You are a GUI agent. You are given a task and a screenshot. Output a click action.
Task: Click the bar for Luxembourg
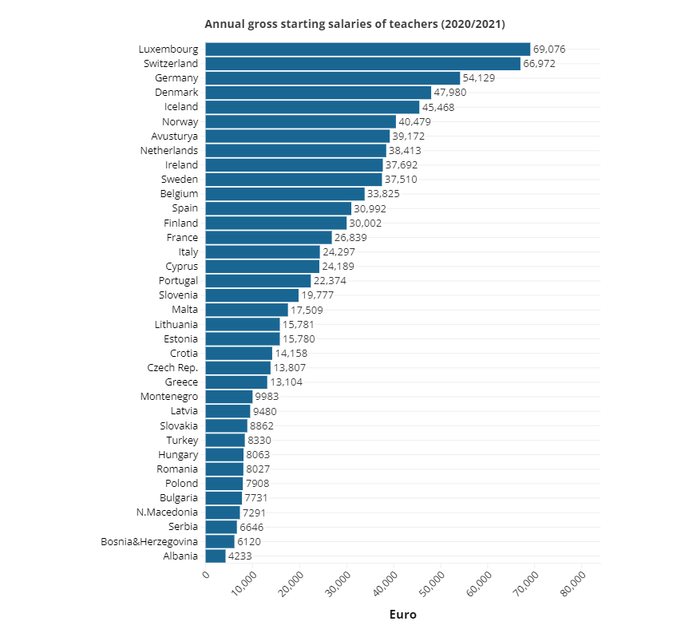[368, 49]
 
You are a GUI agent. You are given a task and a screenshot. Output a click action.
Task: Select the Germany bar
[333, 78]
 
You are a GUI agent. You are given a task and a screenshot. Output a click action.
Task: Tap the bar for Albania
[216, 556]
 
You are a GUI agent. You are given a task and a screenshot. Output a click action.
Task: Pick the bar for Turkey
[225, 441]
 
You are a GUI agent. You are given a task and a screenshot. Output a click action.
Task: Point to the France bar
[269, 238]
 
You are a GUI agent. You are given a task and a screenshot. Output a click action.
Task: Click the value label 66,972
[539, 64]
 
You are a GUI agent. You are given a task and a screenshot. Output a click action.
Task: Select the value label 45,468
[438, 107]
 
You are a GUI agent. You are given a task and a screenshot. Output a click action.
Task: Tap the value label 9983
[267, 397]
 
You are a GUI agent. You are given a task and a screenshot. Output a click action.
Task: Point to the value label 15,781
[299, 325]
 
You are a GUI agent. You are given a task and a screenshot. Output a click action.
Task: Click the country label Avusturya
[175, 136]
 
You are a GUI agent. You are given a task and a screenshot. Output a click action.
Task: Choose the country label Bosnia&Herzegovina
[149, 542]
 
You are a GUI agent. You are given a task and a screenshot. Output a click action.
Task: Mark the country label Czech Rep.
[172, 368]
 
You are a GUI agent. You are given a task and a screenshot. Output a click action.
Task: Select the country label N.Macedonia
[167, 512]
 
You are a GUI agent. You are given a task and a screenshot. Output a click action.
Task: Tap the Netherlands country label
[169, 151]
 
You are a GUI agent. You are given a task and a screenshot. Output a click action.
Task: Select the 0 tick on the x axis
[206, 575]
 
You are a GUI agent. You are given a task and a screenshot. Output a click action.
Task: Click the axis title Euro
[403, 615]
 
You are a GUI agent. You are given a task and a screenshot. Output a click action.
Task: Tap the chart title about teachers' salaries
[355, 24]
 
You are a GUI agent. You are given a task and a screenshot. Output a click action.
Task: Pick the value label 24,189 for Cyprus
[338, 267]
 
